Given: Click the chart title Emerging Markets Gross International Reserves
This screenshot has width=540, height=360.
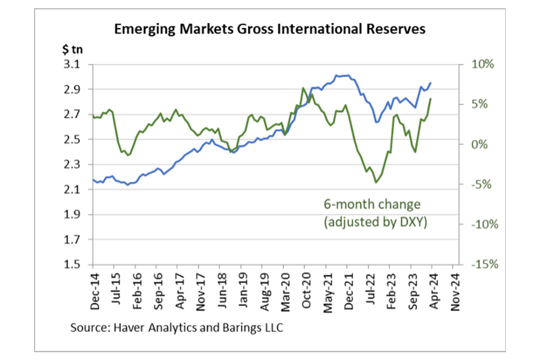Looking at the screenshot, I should point(269,28).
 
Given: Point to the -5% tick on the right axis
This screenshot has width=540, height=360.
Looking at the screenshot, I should point(480,184).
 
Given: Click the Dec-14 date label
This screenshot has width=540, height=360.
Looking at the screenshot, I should point(94,292).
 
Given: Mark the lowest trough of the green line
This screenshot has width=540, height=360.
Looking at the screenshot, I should point(376,182).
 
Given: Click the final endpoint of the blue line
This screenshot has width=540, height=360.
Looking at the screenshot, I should point(430,83).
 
